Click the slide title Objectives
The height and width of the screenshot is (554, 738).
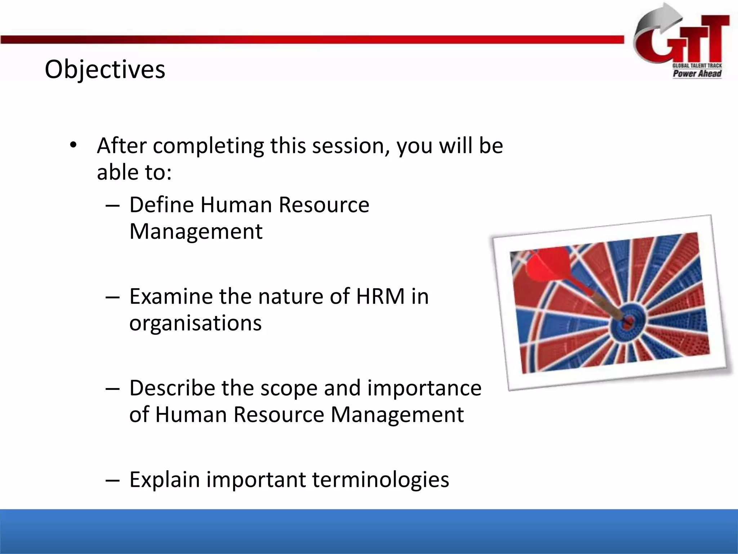105,69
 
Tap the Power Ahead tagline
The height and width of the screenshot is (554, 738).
697,74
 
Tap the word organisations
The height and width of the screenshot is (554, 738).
195,323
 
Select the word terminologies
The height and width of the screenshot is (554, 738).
381,480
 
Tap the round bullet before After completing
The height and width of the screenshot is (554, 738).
74,145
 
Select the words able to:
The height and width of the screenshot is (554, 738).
134,172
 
